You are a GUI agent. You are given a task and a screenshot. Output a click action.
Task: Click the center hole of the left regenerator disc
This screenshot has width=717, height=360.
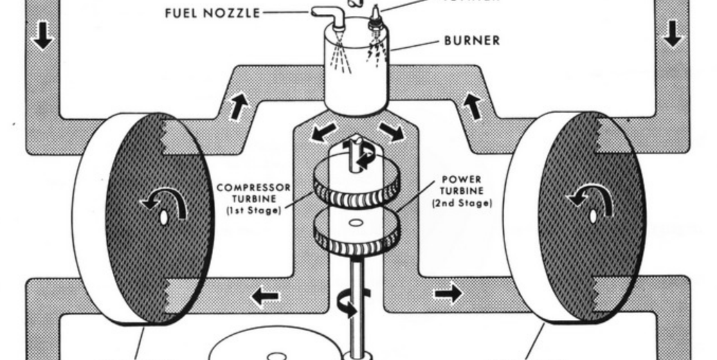165,217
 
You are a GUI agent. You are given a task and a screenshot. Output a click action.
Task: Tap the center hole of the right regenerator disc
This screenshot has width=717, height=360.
593,217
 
